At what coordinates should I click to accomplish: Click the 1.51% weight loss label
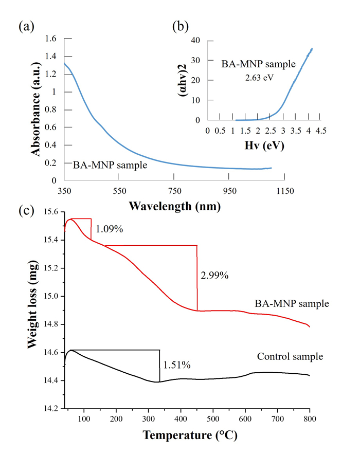[177, 365]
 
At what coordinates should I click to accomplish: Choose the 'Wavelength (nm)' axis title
[175, 207]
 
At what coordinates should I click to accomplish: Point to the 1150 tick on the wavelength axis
[284, 191]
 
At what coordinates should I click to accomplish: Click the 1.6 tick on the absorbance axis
[50, 39]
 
